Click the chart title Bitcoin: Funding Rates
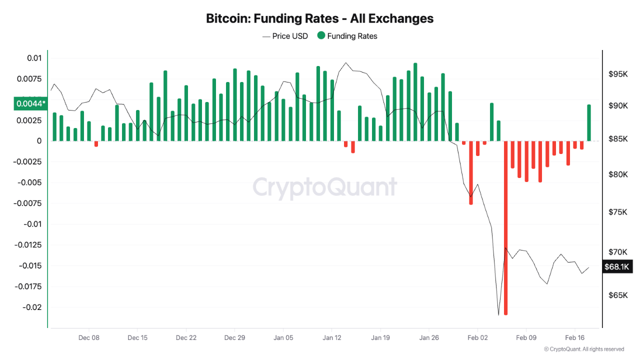320,19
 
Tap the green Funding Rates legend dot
321,36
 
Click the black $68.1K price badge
616,267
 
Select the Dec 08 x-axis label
89,338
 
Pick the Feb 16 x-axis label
574,338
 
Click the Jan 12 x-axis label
331,338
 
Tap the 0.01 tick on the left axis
34,58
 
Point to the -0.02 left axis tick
31,307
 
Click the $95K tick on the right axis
618,74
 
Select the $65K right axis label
618,295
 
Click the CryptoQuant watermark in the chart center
325,187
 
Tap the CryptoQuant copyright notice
583,349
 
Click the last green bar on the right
589,122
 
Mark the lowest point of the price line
498,315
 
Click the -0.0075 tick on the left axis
28,203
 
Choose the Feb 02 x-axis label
477,338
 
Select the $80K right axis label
618,174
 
